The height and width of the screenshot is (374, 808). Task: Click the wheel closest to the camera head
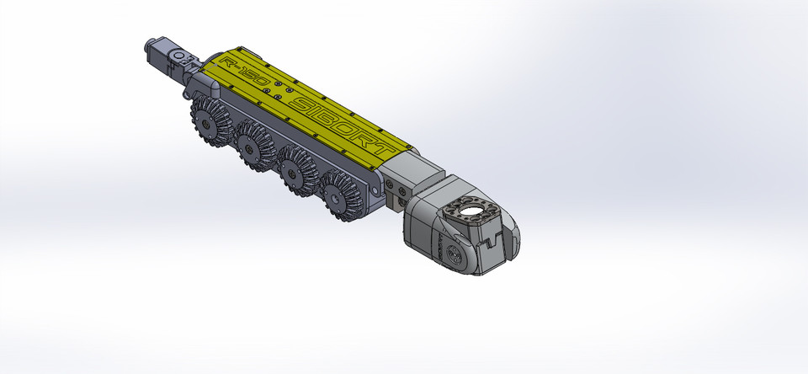(340, 195)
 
